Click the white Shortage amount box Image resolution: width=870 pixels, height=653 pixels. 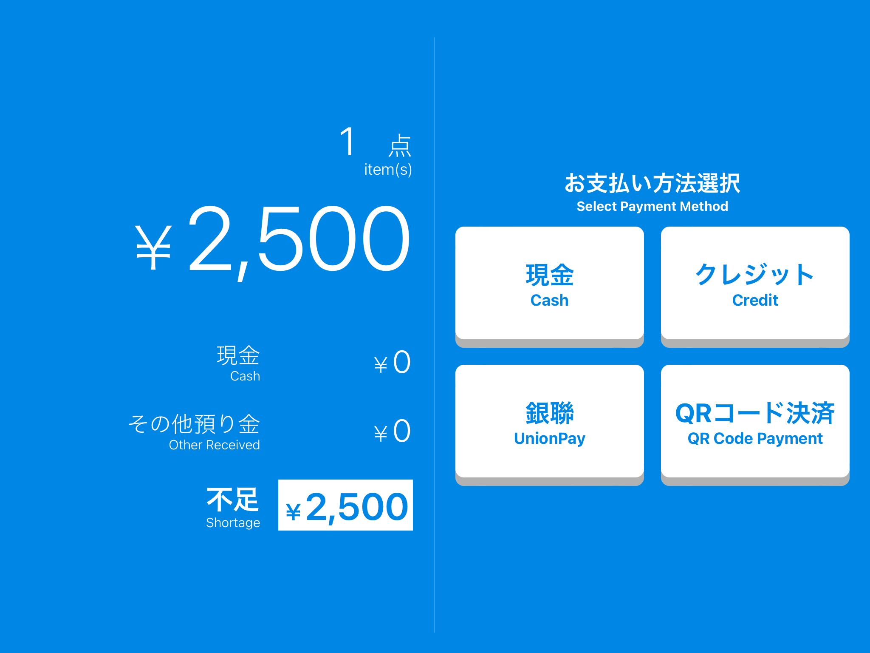[x=345, y=505]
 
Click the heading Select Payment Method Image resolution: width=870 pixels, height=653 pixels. [x=652, y=206]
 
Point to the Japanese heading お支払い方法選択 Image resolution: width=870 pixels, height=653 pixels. [x=652, y=183]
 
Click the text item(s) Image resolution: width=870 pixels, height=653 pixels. [x=388, y=169]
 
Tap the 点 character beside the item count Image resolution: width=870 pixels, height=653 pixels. [x=400, y=145]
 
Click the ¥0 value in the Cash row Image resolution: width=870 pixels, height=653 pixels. [x=392, y=363]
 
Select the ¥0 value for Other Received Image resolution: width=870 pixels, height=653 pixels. [x=392, y=432]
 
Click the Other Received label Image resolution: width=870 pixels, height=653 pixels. [x=214, y=445]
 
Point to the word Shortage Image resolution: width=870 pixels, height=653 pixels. [x=233, y=523]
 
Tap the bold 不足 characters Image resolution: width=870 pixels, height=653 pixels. [x=233, y=500]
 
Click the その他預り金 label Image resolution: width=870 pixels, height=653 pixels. [x=194, y=424]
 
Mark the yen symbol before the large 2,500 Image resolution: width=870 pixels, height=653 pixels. [x=153, y=247]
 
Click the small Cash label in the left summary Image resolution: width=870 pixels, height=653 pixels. [x=245, y=376]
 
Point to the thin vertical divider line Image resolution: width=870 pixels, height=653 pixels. [x=435, y=335]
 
